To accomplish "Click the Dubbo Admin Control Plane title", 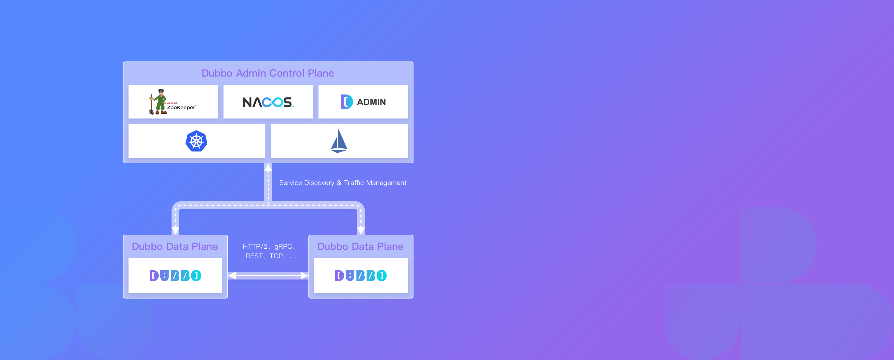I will [x=268, y=73].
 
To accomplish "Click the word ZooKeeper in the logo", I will [x=181, y=108].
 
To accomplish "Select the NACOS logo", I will [x=268, y=102].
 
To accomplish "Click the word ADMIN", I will [x=371, y=102].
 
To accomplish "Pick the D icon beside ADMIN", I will [x=346, y=102].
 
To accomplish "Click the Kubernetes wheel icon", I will [x=196, y=141].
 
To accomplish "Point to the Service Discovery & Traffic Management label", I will [x=343, y=183].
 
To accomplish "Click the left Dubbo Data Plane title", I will [x=175, y=247].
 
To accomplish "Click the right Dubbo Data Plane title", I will [x=360, y=247].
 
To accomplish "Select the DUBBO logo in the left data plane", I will [x=175, y=276].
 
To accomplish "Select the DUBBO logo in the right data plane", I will [x=361, y=276].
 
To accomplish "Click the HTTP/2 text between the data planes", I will [x=255, y=247].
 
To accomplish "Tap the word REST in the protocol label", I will [x=254, y=256].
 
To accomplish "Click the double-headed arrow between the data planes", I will [x=268, y=276].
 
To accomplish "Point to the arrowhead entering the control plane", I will [x=268, y=167].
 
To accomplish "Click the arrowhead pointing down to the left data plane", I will [x=176, y=231].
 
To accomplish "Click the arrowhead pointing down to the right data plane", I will [x=361, y=231].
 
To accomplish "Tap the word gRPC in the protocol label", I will [x=283, y=247].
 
